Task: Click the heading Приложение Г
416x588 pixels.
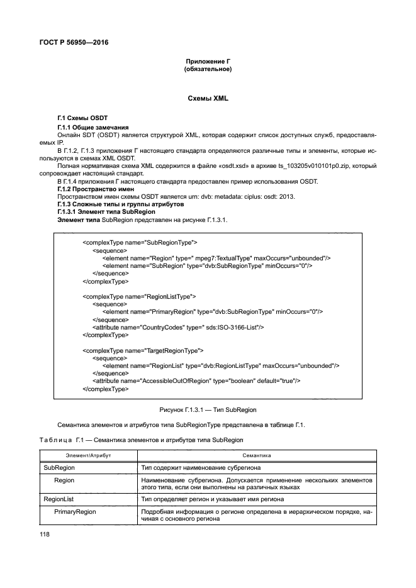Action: (x=208, y=61)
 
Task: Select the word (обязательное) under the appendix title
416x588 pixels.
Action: (x=208, y=69)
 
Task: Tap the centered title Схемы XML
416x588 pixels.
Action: (x=208, y=99)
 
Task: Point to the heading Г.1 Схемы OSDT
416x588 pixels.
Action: (x=82, y=119)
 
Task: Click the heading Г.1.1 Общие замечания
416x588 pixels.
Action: (x=93, y=128)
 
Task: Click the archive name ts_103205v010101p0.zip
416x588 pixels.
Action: (x=325, y=166)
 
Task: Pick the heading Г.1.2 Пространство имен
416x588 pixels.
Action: (x=95, y=189)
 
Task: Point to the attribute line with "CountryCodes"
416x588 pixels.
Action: (x=178, y=327)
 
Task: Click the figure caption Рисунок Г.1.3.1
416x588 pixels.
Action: (x=208, y=409)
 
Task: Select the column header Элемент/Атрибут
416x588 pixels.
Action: (x=88, y=455)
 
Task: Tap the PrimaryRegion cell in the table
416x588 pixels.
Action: (x=75, y=512)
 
